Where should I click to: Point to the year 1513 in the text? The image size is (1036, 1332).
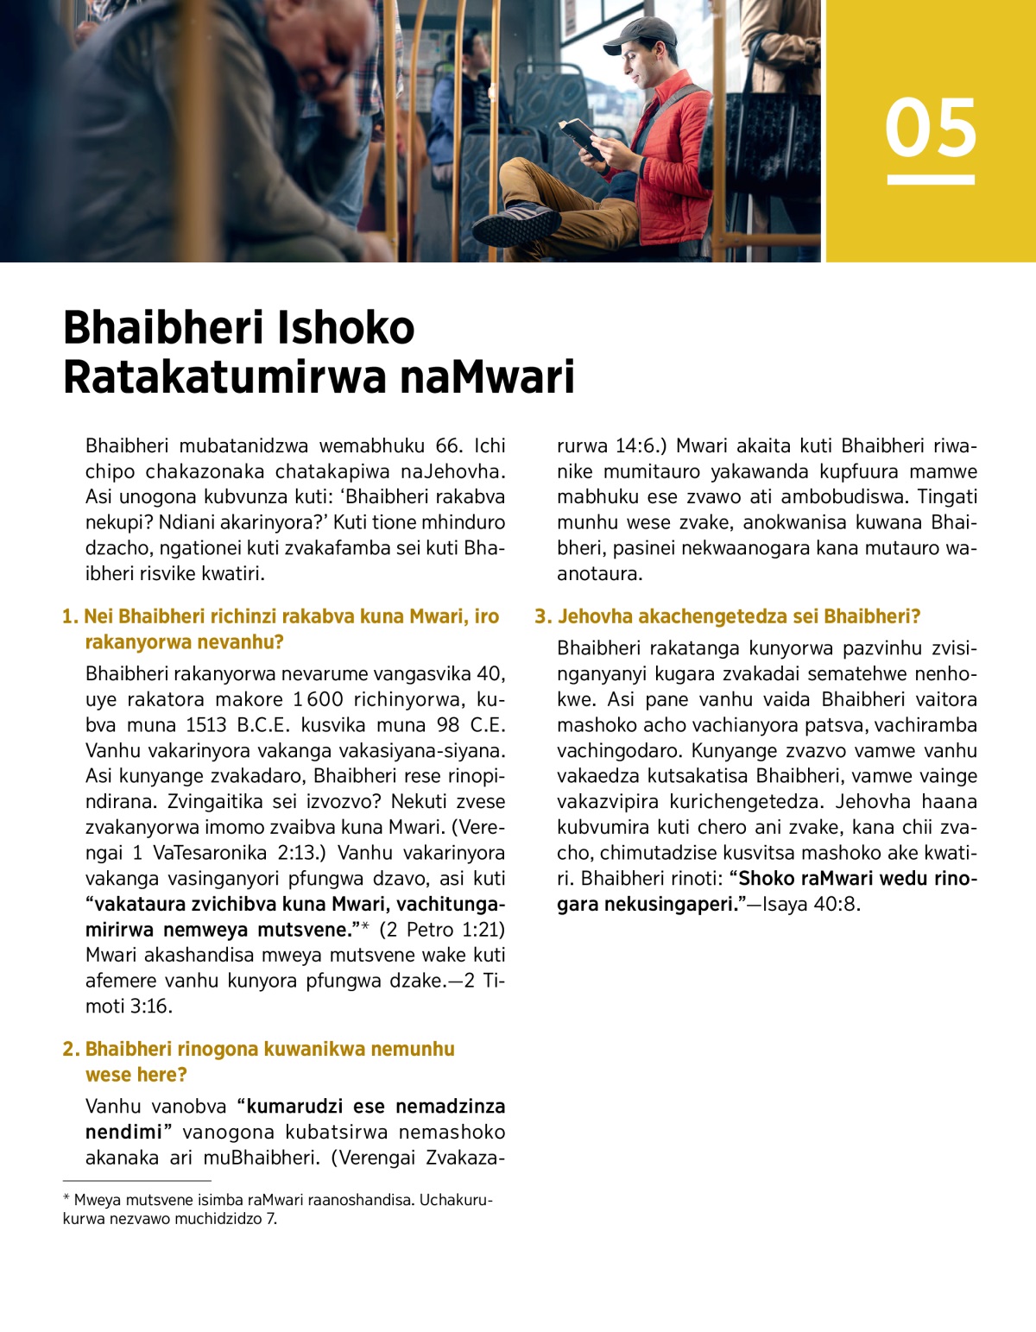205,725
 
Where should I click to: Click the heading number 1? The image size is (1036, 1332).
69,616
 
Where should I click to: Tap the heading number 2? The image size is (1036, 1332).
70,1049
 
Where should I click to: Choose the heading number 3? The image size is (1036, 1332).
541,616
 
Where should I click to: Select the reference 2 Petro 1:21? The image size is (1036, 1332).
442,930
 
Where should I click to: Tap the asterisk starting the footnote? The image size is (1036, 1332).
66,1199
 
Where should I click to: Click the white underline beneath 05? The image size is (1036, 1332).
931,180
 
